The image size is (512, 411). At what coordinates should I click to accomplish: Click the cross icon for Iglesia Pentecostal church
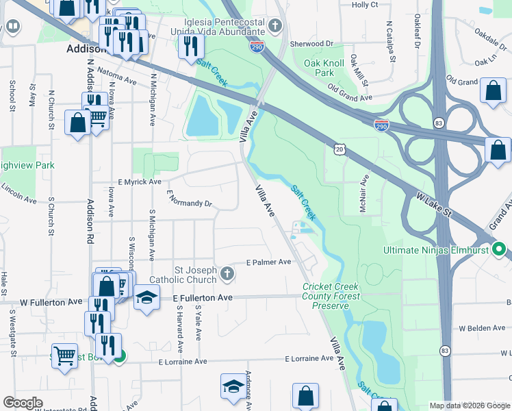(x=275, y=27)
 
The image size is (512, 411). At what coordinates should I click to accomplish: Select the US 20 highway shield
(x=340, y=149)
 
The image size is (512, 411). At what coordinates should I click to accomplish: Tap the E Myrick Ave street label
(x=140, y=182)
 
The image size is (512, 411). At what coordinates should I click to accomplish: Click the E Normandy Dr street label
(x=190, y=200)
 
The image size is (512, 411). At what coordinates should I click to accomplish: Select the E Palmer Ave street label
(x=269, y=262)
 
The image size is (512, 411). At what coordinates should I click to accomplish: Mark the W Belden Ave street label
(x=482, y=328)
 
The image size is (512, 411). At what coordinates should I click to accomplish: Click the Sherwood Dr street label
(x=311, y=42)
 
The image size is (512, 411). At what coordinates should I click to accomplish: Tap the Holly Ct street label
(x=364, y=5)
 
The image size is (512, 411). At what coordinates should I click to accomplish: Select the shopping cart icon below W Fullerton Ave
(x=64, y=355)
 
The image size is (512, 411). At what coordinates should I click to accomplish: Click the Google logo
(x=23, y=403)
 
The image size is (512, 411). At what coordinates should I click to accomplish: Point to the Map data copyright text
(x=469, y=406)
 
